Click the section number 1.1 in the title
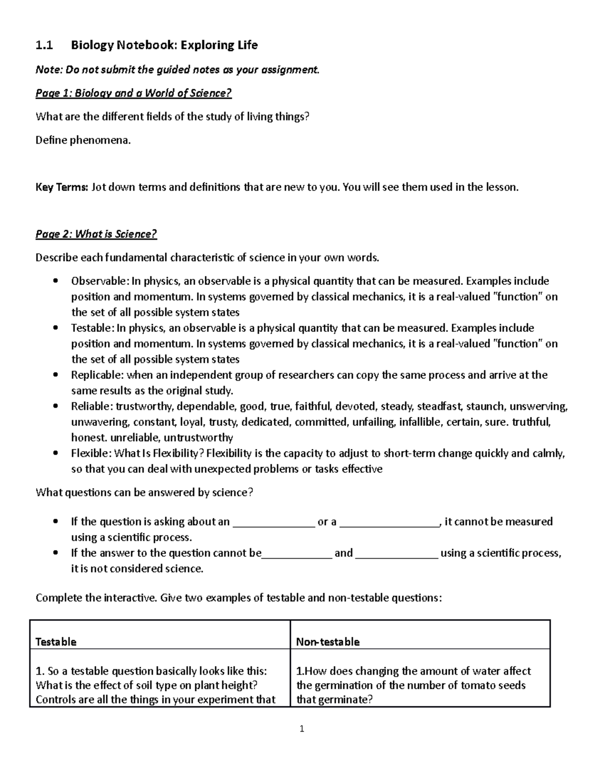44,45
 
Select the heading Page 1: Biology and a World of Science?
133,93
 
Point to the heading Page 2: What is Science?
96,234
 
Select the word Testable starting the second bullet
91,328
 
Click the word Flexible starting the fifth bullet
90,453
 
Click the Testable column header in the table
56,642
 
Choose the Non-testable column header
328,642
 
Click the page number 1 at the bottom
301,729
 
